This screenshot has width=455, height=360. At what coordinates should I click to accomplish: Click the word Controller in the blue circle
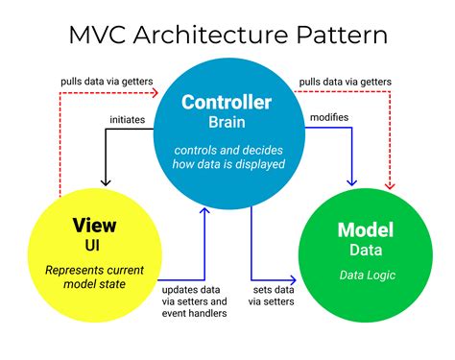pyautogui.click(x=227, y=103)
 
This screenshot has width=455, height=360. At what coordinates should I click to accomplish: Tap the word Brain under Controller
pyautogui.click(x=227, y=123)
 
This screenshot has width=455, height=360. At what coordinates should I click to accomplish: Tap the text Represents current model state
pyautogui.click(x=94, y=276)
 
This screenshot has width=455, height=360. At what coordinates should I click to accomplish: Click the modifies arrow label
pyautogui.click(x=330, y=117)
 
